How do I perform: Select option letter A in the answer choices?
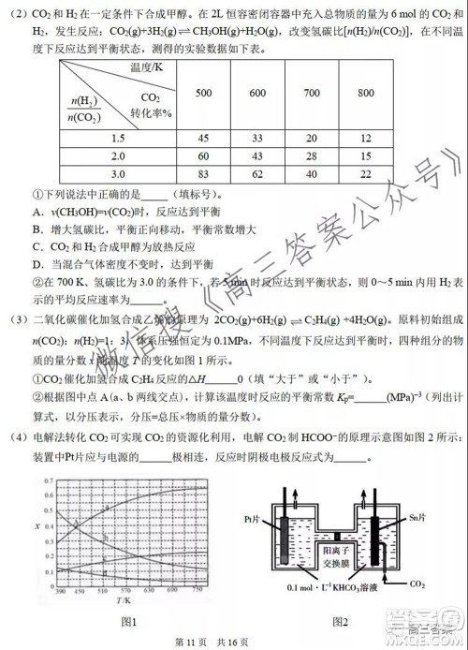[35, 212]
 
